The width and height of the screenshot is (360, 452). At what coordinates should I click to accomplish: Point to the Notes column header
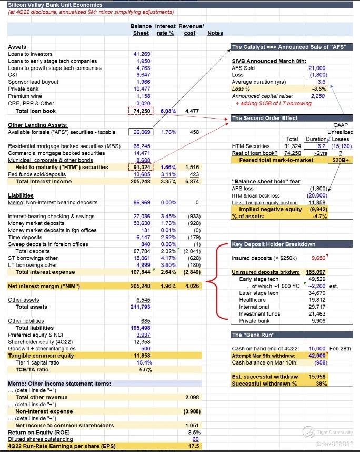215,33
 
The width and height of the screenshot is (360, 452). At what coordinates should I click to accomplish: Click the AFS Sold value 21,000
318,68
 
